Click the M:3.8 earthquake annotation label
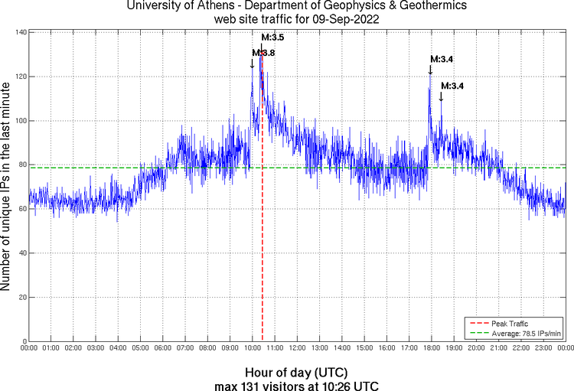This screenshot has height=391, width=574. point(263,53)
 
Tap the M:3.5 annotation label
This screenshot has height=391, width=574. point(273,37)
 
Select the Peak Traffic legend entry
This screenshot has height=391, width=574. point(510,324)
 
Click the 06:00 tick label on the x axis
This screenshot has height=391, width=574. point(163,348)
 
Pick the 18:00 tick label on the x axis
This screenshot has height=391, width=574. point(432,348)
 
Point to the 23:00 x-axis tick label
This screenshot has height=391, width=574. point(543,348)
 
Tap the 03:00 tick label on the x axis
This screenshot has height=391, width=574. point(96,348)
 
